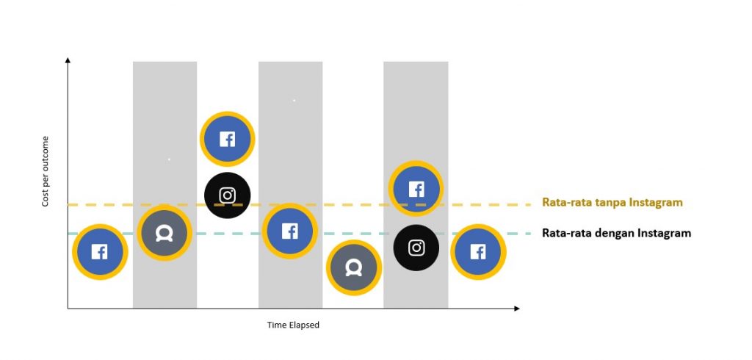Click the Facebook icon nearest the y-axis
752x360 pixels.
tap(100, 252)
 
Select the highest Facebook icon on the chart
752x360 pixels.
tap(228, 139)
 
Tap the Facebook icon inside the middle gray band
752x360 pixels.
tap(289, 231)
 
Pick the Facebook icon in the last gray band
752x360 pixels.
tap(416, 189)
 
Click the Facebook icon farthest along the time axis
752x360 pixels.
tap(478, 252)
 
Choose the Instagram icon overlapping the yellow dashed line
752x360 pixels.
tap(228, 195)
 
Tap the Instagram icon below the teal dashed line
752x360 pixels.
tap(416, 248)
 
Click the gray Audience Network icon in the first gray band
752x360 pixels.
tap(164, 234)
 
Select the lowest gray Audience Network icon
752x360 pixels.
tap(354, 268)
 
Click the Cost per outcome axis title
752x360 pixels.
tap(46, 171)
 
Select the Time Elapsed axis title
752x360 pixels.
tap(293, 325)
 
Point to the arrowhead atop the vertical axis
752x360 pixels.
tap(68, 60)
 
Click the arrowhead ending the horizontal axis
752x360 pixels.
tap(516, 308)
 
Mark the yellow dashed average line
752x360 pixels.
tap(300, 205)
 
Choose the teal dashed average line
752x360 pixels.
tap(300, 234)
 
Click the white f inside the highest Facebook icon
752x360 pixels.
tap(228, 140)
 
